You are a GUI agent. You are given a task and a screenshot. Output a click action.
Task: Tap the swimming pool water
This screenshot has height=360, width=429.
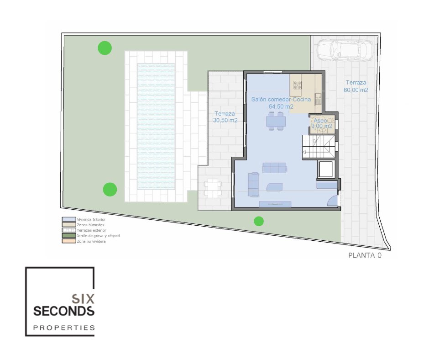pyautogui.click(x=156, y=127)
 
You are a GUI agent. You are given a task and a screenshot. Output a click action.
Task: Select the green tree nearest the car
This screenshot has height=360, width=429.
pyautogui.click(x=259, y=221)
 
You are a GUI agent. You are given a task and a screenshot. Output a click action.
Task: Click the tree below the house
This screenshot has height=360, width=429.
pyautogui.click(x=259, y=221)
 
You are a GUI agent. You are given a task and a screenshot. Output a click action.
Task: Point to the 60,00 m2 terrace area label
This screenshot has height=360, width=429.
pyautogui.click(x=356, y=86)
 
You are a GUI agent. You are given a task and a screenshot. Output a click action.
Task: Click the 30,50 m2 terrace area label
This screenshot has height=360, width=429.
pyautogui.click(x=225, y=116)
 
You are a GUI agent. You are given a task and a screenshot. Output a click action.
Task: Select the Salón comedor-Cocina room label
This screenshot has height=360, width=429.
pyautogui.click(x=281, y=103)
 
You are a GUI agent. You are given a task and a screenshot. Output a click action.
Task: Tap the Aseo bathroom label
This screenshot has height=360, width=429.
pyautogui.click(x=320, y=121)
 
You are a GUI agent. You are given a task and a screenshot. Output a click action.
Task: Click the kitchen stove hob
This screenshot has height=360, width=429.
pyautogui.click(x=298, y=85)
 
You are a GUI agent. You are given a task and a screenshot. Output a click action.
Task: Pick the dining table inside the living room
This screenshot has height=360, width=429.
pyautogui.click(x=276, y=121)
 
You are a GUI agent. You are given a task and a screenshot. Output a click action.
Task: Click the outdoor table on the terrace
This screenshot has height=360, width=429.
pyautogui.click(x=213, y=188)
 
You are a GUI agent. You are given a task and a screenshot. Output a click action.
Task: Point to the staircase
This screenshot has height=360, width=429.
pyautogui.click(x=319, y=147)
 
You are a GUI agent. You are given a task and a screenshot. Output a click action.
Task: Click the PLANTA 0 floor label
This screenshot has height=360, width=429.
pyautogui.click(x=365, y=255)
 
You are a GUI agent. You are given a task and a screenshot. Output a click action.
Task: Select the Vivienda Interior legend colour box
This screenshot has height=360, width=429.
pyautogui.click(x=69, y=219)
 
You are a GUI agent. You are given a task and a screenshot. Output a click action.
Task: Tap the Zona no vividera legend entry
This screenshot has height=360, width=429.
pyautogui.click(x=84, y=241)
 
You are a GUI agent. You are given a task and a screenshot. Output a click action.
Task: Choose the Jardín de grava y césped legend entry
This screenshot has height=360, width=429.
pyautogui.click(x=91, y=236)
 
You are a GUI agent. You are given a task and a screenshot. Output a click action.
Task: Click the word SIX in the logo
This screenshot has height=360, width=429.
pyautogui.click(x=83, y=299)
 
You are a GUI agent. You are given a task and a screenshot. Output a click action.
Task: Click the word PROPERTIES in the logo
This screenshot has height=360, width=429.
pyautogui.click(x=64, y=328)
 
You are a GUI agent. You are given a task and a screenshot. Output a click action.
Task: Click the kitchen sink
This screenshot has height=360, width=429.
pyautogui.click(x=318, y=99)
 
